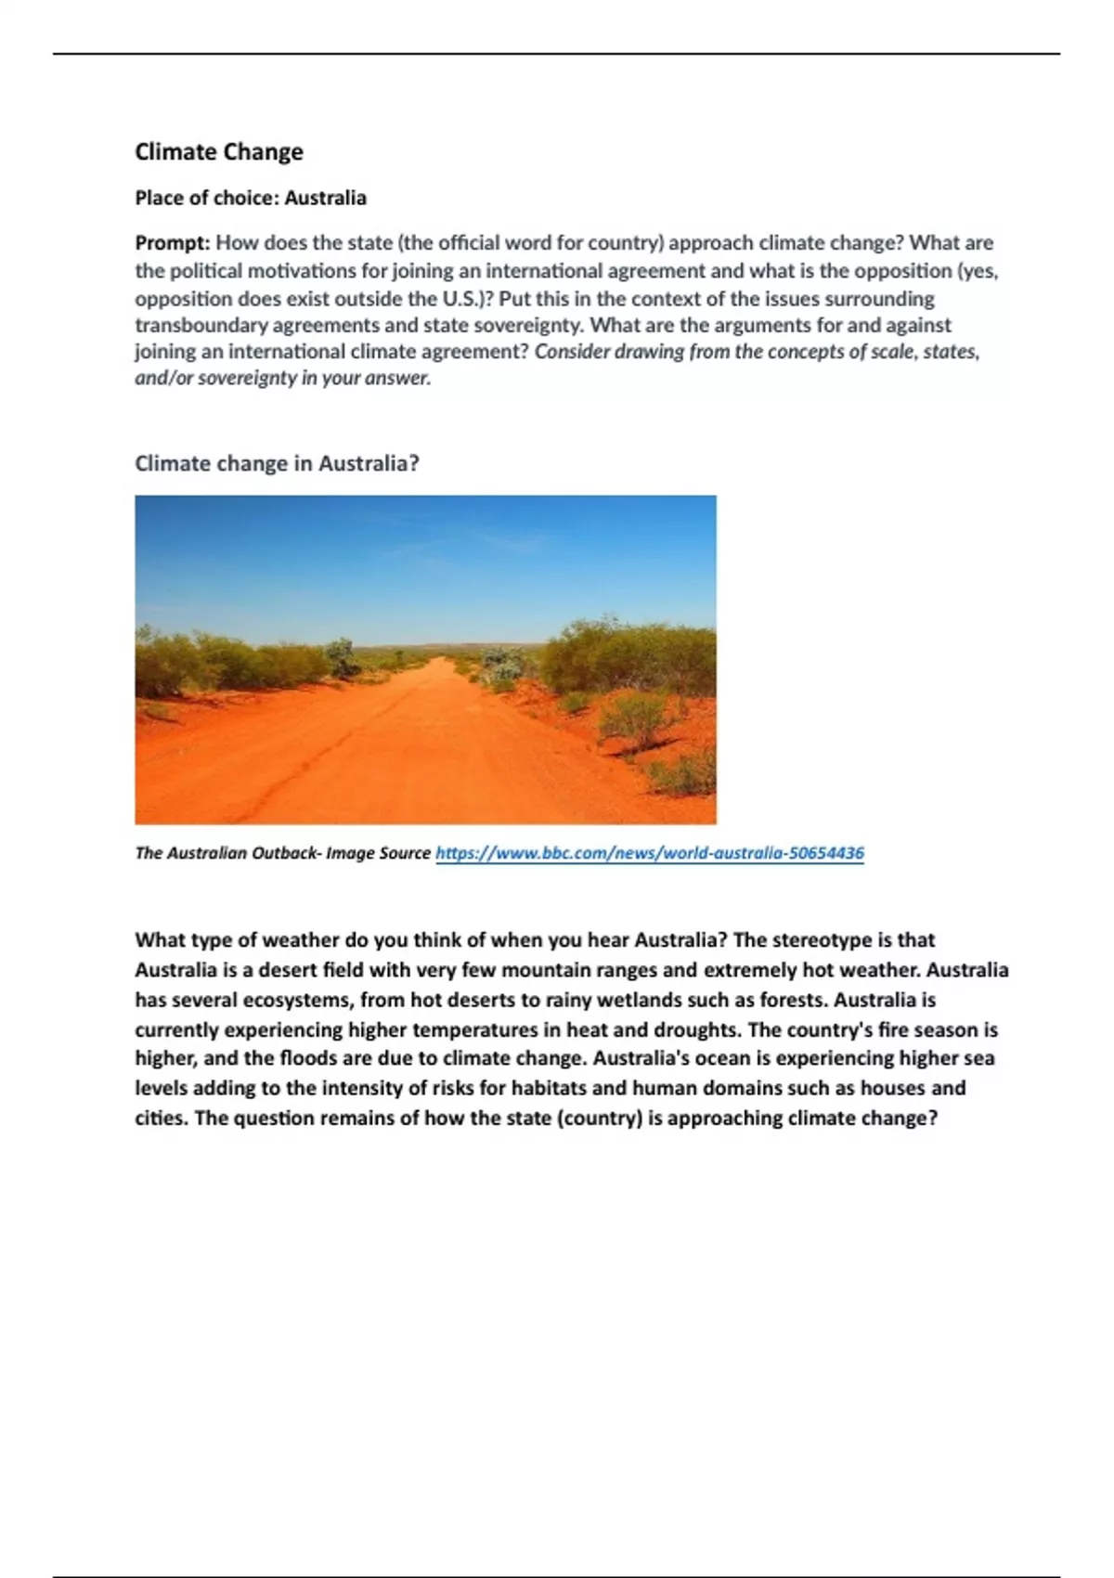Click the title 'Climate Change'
(219, 151)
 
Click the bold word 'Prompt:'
(173, 243)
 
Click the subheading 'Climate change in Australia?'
(277, 463)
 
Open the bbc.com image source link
(650, 853)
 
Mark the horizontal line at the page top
(557, 54)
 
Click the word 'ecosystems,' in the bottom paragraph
(297, 1000)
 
